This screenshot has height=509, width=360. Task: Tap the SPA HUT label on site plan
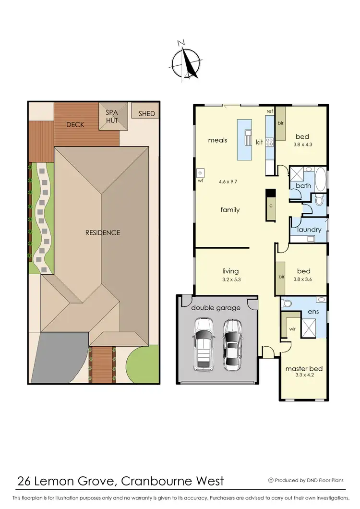click(x=114, y=116)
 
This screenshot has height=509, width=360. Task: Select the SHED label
click(x=147, y=114)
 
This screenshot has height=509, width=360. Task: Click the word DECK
click(x=75, y=125)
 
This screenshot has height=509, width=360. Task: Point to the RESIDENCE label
click(x=103, y=233)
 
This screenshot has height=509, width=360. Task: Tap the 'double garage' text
click(x=216, y=308)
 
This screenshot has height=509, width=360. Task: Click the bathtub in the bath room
click(x=320, y=177)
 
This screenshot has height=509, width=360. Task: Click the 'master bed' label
click(x=304, y=369)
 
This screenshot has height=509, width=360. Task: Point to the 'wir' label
click(x=292, y=329)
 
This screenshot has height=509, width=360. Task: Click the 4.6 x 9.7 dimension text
click(x=229, y=182)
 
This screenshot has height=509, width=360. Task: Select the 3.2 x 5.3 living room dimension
click(x=230, y=279)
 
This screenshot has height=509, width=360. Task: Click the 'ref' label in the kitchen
click(x=270, y=111)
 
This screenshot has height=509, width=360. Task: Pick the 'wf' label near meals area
click(x=201, y=182)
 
